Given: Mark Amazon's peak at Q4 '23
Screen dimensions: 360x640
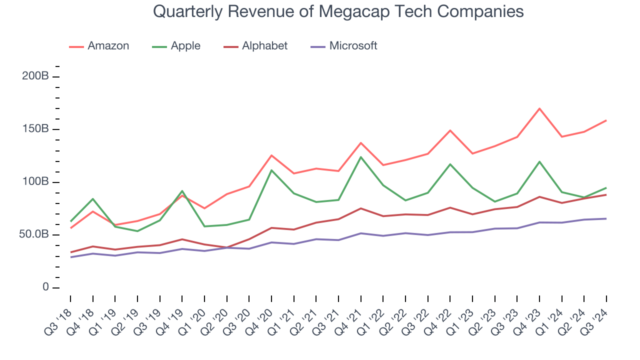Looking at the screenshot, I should (x=539, y=108).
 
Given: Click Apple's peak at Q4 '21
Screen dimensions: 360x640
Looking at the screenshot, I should (x=360, y=157).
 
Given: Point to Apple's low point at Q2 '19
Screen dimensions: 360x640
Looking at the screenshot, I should (x=137, y=231).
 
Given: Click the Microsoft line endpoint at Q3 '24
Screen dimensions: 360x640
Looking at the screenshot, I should (x=606, y=218).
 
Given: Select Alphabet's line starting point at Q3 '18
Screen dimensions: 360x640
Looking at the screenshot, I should (x=70, y=252).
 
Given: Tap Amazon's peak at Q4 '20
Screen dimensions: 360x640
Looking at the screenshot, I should (x=271, y=155).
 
